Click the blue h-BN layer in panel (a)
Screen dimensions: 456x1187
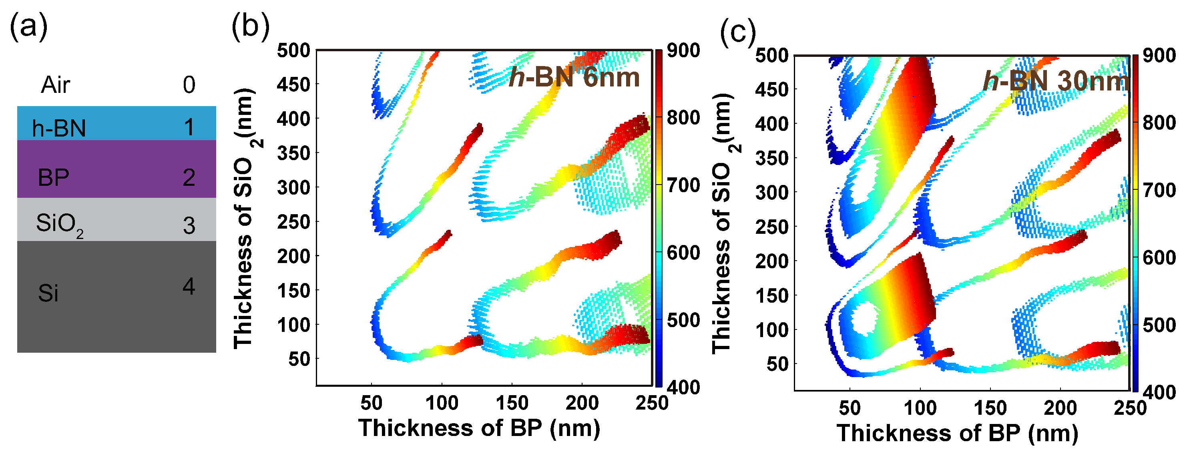[116, 123]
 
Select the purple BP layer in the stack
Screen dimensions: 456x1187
[116, 169]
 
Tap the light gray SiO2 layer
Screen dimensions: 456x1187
[116, 219]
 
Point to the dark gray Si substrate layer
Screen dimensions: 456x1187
[116, 297]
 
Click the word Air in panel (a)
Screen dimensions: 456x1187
[55, 85]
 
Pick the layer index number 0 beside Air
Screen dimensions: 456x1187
[189, 85]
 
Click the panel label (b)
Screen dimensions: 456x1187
[250, 27]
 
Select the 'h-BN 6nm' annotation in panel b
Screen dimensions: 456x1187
[574, 77]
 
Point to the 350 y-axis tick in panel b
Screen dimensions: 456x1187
[293, 153]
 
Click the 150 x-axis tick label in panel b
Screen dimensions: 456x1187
[512, 404]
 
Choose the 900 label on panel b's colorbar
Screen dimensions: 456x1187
[683, 50]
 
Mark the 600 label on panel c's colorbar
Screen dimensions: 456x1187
[1159, 257]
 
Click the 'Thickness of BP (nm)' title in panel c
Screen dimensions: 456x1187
[958, 433]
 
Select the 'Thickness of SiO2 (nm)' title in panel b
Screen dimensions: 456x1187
[244, 218]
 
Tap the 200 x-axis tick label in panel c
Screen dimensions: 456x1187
[1060, 408]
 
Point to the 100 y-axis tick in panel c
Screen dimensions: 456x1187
[772, 330]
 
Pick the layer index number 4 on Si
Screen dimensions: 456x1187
[189, 287]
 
